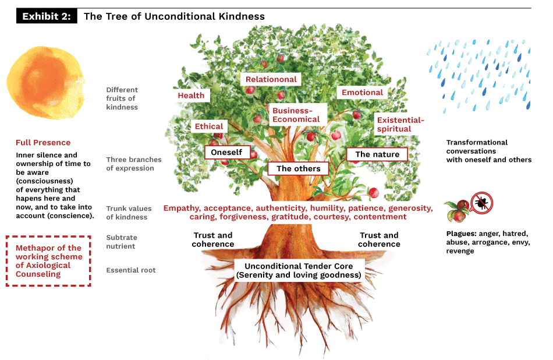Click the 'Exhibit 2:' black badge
(x=47, y=16)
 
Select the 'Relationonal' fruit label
(x=271, y=79)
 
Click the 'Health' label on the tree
(x=191, y=96)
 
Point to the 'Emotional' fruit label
(x=362, y=93)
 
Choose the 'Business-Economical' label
(x=296, y=115)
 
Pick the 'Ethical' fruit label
(x=209, y=126)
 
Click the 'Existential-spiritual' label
(x=400, y=125)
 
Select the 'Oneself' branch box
(x=227, y=152)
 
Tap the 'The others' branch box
(x=298, y=168)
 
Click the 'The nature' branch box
(x=377, y=154)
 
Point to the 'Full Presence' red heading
(x=43, y=143)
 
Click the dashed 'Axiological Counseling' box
(x=48, y=261)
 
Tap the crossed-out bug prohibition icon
(x=481, y=203)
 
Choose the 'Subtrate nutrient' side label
(x=120, y=242)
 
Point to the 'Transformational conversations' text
(x=488, y=151)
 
